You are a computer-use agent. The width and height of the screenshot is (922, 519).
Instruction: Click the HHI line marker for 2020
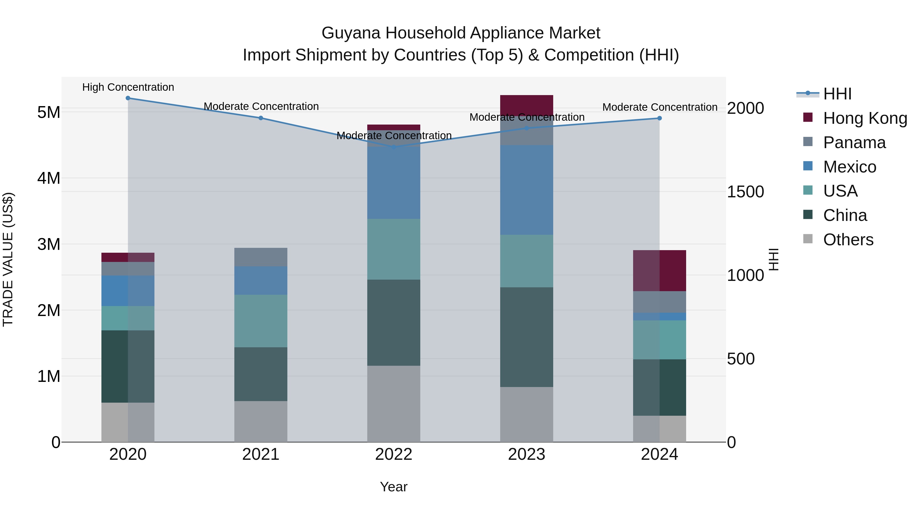pos(128,98)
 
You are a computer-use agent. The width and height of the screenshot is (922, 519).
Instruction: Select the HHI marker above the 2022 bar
pos(394,147)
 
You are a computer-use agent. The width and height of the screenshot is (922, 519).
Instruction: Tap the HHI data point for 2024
pos(659,118)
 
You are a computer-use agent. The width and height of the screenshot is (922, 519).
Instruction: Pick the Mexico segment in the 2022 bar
pos(394,183)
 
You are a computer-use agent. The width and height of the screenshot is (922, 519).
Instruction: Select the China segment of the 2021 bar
pos(260,374)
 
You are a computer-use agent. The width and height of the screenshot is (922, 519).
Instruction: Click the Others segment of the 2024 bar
pos(659,429)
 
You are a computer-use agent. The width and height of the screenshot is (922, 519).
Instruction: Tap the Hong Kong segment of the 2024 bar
pos(659,270)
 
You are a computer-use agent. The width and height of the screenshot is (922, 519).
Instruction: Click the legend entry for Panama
pos(854,143)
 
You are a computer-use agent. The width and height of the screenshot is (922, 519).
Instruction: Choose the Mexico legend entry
pos(849,167)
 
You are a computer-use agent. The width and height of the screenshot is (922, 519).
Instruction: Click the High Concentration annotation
pos(128,87)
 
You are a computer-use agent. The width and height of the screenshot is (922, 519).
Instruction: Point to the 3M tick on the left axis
pos(49,244)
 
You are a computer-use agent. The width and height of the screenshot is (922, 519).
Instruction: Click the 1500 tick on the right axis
pos(745,192)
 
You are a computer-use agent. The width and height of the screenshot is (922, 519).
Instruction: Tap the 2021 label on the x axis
pos(260,454)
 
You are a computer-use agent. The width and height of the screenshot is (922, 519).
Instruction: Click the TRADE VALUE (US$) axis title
pos(8,259)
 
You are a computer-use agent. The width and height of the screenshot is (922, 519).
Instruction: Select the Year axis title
pos(393,487)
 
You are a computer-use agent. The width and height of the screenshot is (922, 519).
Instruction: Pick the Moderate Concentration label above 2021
pos(261,106)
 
